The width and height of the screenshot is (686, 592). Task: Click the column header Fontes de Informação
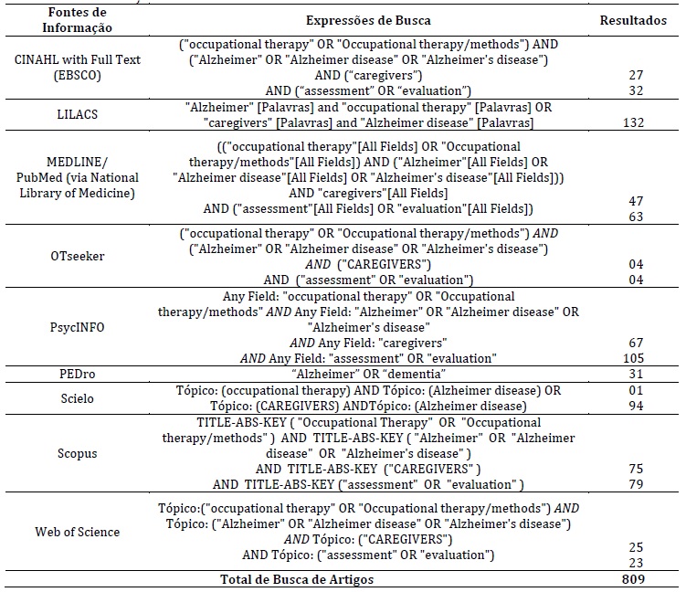[77, 19]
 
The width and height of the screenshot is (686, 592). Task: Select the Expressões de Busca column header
[380, 19]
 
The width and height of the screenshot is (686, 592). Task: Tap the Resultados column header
[632, 19]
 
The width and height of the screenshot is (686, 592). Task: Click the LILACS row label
[77, 115]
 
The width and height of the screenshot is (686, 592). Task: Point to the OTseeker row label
[77, 255]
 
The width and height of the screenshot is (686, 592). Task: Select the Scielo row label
[77, 397]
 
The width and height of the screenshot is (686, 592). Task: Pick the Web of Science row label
[77, 532]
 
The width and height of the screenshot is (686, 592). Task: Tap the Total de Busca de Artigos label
[298, 579]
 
